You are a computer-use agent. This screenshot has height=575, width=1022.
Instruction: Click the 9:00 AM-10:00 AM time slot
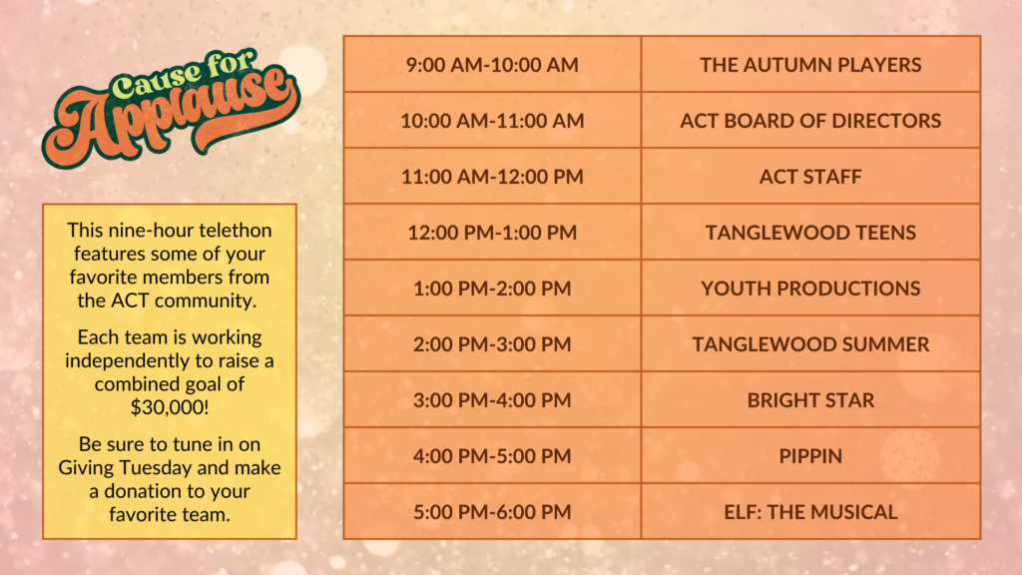point(492,65)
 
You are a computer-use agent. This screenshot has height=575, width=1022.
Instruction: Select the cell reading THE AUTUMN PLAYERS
point(810,65)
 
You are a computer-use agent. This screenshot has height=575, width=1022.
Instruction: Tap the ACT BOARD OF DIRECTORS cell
point(810,121)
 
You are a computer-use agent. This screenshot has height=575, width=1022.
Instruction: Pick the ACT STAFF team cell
point(810,177)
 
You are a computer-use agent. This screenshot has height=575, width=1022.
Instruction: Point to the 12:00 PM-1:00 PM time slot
point(492,233)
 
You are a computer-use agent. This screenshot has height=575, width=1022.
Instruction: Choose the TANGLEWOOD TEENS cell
point(810,233)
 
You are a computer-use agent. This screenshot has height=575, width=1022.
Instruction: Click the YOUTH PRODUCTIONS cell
point(810,288)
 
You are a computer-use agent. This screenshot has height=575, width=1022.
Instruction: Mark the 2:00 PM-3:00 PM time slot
point(492,344)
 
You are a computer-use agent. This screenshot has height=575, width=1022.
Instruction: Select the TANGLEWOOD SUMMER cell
point(810,344)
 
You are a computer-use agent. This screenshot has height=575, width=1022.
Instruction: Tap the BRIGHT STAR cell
point(810,400)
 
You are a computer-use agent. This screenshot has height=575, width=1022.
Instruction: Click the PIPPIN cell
point(810,456)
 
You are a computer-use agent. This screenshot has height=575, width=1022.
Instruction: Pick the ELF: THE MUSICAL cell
point(810,512)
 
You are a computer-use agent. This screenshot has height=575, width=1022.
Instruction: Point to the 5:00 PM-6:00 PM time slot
point(492,512)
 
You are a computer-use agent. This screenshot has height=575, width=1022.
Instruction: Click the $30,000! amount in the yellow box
point(170,407)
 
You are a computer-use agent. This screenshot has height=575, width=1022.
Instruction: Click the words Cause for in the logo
point(183,75)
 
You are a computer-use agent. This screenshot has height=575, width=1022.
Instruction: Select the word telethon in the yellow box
point(236,231)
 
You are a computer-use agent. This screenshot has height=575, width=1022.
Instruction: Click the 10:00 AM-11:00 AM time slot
point(492,121)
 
